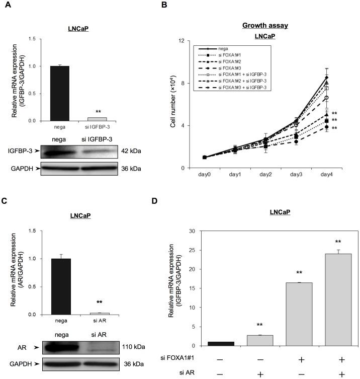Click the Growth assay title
[264, 25]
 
